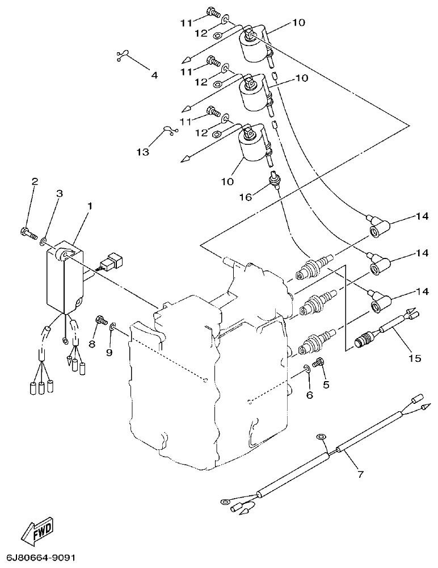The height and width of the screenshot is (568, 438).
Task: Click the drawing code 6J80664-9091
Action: click(x=41, y=558)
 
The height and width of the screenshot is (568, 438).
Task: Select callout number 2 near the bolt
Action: click(x=35, y=182)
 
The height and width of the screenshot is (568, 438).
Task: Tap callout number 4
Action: click(x=154, y=74)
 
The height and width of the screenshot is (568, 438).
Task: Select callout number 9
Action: click(x=109, y=352)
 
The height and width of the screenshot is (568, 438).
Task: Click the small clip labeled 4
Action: click(x=121, y=55)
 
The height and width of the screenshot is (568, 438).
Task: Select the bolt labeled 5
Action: click(x=319, y=361)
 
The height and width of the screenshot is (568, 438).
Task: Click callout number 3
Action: click(x=59, y=194)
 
